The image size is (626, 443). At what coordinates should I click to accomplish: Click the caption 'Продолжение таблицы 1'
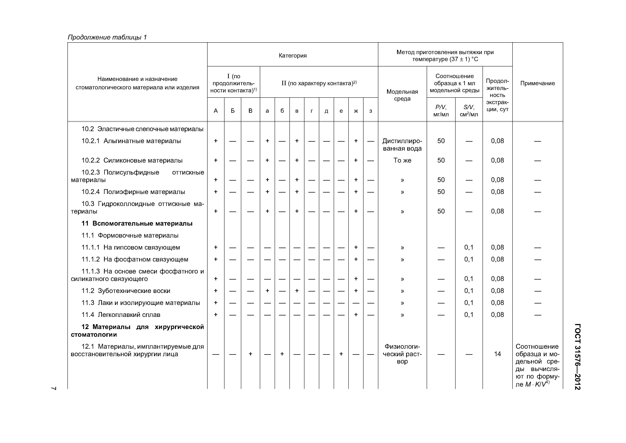pyautogui.click(x=107, y=37)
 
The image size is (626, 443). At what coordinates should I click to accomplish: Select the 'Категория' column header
pyautogui.click(x=292, y=56)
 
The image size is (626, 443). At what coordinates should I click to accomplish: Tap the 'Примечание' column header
pyautogui.click(x=537, y=83)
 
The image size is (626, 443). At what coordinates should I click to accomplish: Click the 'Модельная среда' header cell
pyautogui.click(x=402, y=95)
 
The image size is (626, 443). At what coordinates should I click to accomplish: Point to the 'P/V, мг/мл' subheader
pyautogui.click(x=441, y=111)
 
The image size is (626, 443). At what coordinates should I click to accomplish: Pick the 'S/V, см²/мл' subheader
pyautogui.click(x=469, y=111)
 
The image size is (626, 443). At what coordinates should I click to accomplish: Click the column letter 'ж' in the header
pyautogui.click(x=356, y=111)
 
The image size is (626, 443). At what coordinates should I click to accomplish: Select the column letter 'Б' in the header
pyautogui.click(x=233, y=111)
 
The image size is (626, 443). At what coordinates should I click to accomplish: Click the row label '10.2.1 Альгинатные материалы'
pyautogui.click(x=131, y=141)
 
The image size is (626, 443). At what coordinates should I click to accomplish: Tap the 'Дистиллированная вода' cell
pyautogui.click(x=402, y=145)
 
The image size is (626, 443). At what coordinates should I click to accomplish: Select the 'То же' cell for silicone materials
pyautogui.click(x=402, y=160)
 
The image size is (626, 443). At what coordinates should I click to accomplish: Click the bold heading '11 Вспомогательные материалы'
pyautogui.click(x=137, y=223)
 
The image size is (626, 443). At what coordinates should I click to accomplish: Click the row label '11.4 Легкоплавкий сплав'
pyautogui.click(x=121, y=315)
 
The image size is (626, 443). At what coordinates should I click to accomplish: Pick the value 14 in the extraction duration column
pyautogui.click(x=497, y=354)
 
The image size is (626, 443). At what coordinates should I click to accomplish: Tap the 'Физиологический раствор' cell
pyautogui.click(x=402, y=354)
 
